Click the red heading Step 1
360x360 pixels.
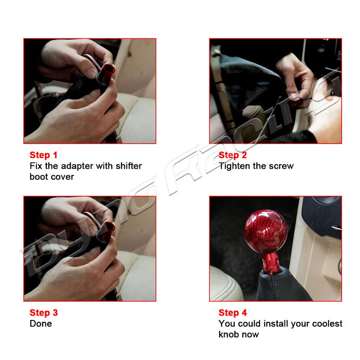pyautogui.click(x=43, y=155)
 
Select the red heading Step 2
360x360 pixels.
pyautogui.click(x=233, y=155)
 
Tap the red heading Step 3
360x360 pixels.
pyautogui.click(x=44, y=313)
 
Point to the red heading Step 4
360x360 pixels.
pyautogui.click(x=233, y=313)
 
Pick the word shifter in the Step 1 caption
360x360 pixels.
pyautogui.click(x=129, y=166)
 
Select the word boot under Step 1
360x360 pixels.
pyautogui.click(x=38, y=176)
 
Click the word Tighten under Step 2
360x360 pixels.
pyautogui.click(x=234, y=166)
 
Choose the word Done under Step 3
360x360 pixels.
pyautogui.click(x=40, y=324)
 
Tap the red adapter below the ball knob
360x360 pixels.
pyautogui.click(x=271, y=262)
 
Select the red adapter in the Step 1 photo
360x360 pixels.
pyautogui.click(x=106, y=74)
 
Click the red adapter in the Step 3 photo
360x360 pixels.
pyautogui.click(x=106, y=231)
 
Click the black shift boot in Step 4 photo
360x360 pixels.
pyautogui.click(x=283, y=286)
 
